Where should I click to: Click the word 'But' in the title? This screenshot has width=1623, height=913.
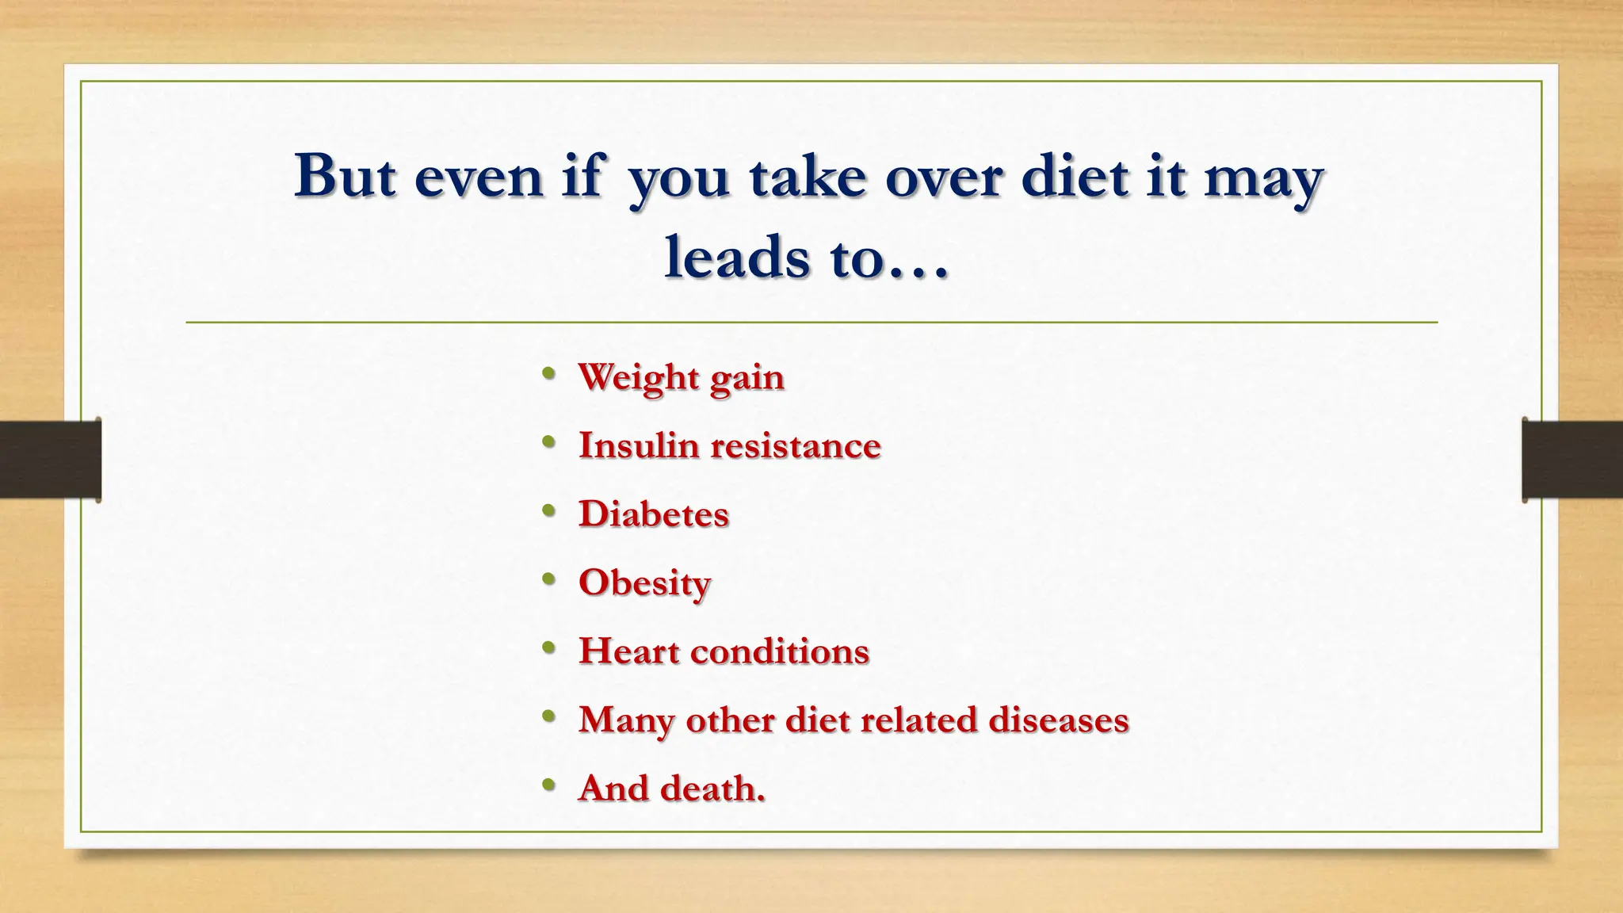[x=345, y=175]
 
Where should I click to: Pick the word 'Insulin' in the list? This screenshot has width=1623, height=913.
[x=638, y=445]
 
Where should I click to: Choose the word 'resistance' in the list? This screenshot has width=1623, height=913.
[x=795, y=445]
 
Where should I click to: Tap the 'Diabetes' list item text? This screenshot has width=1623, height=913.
[x=653, y=514]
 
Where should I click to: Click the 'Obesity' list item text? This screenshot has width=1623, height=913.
[x=644, y=583]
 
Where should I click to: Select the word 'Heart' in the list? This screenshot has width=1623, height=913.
[x=628, y=651]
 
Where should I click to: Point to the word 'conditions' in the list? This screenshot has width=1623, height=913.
[x=780, y=651]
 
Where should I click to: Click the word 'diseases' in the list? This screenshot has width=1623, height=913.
[x=1058, y=720]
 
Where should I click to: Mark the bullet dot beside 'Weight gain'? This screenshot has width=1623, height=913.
[x=548, y=374]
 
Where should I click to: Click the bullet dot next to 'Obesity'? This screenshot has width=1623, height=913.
[x=548, y=580]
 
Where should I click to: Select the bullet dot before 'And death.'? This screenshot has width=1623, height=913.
[x=548, y=785]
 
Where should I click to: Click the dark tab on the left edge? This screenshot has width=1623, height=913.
[x=50, y=460]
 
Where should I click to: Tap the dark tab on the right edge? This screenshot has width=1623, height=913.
[x=1572, y=460]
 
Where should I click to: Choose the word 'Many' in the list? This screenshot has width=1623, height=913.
[x=626, y=720]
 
